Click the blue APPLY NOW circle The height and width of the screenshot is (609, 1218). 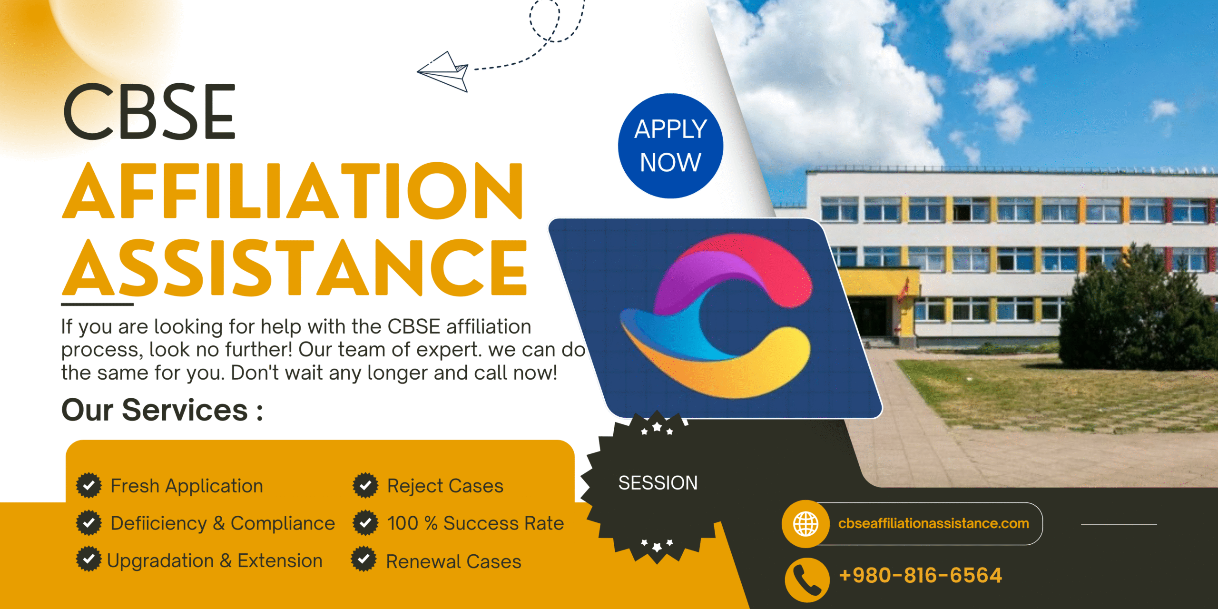pos(670,146)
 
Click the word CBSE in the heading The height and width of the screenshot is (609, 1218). pos(149,112)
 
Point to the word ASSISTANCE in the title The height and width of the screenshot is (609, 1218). pos(295,267)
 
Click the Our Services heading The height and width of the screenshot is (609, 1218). pos(162,410)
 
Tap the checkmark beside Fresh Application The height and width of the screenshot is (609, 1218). pos(89,485)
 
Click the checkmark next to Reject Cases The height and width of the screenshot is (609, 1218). pos(365,485)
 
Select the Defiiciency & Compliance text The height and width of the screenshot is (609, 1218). pos(223,523)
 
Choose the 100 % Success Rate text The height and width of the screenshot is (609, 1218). pos(475,523)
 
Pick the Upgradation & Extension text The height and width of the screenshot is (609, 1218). pos(215,560)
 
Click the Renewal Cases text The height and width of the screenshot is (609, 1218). pos(453,561)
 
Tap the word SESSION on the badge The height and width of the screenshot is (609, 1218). pos(658,483)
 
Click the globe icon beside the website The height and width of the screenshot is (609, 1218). pos(805,524)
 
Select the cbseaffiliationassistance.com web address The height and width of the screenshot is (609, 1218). pos(933,523)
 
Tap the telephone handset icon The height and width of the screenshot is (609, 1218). pos(807,580)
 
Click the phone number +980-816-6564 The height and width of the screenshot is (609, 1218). pos(920,575)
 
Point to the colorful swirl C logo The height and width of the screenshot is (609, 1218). pos(716,315)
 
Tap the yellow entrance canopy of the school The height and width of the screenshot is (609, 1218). pos(879,281)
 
